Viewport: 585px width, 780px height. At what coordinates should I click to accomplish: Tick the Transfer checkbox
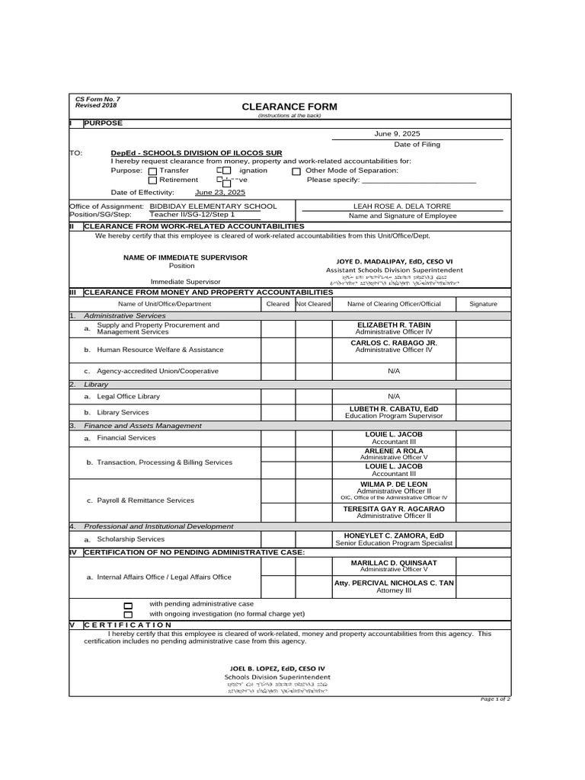(152, 171)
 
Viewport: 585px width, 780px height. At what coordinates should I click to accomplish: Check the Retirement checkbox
(152, 181)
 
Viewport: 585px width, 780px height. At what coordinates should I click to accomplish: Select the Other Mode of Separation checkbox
(296, 171)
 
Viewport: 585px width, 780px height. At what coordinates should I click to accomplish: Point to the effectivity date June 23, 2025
(220, 193)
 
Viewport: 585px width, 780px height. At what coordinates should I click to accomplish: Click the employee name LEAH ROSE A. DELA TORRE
(402, 206)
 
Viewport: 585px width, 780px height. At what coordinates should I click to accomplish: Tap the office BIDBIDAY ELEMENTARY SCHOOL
(213, 206)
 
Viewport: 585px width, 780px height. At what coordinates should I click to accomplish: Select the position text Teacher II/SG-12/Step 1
(192, 216)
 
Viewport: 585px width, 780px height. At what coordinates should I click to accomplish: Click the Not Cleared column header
(313, 304)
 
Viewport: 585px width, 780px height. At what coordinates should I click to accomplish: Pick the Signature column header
(483, 304)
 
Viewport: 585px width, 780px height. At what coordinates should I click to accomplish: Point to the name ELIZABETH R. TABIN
(393, 324)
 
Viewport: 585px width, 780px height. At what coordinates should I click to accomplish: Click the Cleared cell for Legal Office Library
(277, 397)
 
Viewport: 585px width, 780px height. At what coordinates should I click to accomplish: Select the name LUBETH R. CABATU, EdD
(393, 408)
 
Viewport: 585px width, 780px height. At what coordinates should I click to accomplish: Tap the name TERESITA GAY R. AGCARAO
(393, 508)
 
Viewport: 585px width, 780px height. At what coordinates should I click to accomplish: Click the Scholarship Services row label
(130, 539)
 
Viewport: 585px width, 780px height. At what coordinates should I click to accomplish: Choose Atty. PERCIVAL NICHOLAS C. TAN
(393, 583)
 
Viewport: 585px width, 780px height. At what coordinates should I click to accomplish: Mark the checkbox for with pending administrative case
(128, 605)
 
